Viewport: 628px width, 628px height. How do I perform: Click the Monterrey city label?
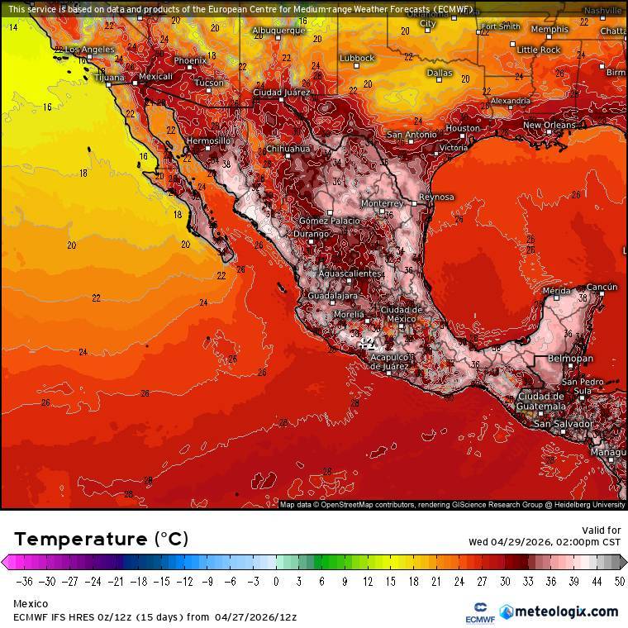(382, 203)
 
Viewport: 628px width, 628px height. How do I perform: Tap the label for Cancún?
(602, 288)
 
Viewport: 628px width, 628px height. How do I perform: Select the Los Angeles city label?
(89, 50)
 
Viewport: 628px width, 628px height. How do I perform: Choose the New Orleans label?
(549, 126)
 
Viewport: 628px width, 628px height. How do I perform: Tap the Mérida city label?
(556, 291)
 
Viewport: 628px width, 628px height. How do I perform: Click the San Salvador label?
(562, 424)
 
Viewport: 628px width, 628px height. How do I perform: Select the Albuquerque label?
(278, 31)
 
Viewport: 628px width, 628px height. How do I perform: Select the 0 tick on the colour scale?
(275, 582)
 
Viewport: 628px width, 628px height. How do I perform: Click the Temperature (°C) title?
(101, 540)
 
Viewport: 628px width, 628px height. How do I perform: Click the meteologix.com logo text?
(565, 611)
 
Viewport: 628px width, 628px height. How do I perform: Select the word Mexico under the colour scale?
(30, 604)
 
